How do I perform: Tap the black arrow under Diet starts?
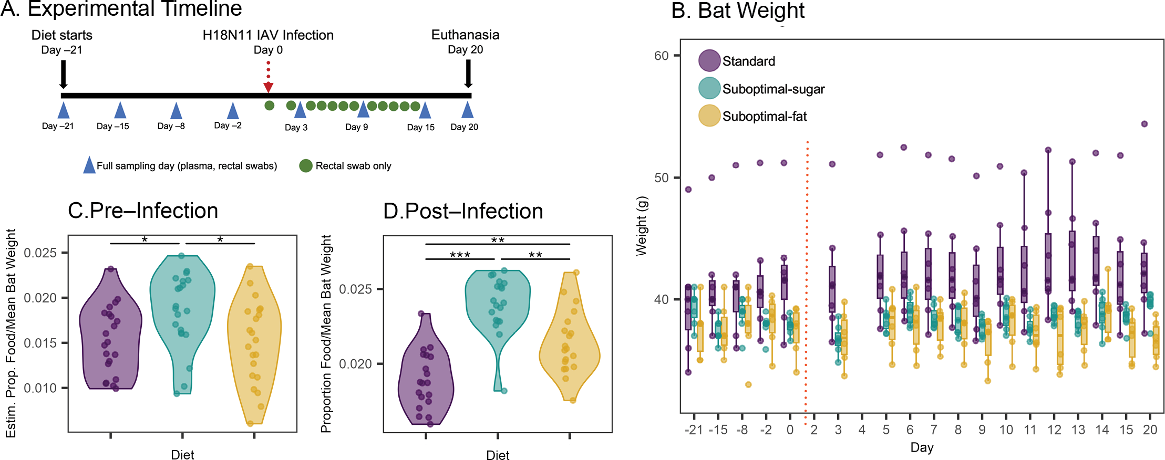pos(63,75)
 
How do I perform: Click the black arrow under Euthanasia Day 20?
pos(468,74)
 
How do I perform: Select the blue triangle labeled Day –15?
pos(120,110)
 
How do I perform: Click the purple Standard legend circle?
pos(709,61)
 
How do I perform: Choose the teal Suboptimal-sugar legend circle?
pos(709,88)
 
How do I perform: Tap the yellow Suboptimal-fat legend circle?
pos(709,116)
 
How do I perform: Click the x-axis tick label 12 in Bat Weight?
pos(1054,430)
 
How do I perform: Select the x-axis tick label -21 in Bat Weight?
pos(694,430)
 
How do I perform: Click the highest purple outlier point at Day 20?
pos(1144,124)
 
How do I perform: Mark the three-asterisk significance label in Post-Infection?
pos(460,254)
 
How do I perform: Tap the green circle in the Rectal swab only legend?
pos(305,166)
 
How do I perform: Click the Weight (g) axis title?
pos(642,226)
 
